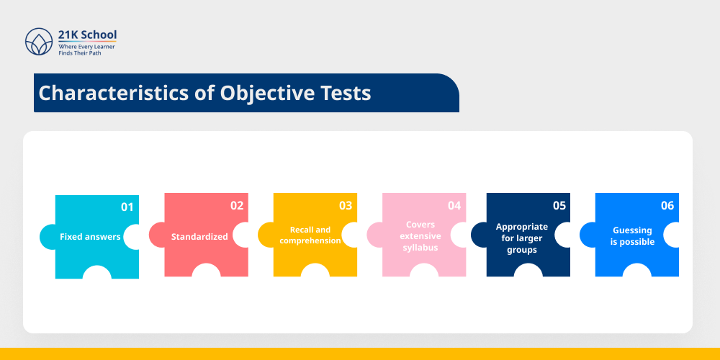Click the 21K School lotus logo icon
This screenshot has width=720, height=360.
coord(39,42)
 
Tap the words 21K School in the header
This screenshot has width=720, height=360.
coord(87,35)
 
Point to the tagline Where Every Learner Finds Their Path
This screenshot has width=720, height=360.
coord(86,49)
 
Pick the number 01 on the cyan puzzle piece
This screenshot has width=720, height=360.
coord(127,207)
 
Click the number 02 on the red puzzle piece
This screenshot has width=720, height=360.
coord(237,206)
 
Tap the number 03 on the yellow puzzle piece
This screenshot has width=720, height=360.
coord(346,206)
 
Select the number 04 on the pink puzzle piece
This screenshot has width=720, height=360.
coord(454,206)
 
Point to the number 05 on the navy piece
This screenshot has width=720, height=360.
coord(559,206)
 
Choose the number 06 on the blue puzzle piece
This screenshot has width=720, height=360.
coord(667,206)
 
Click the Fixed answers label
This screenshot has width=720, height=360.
coord(90,236)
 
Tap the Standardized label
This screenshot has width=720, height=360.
coord(199,236)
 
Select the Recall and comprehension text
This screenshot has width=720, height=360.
coord(310,235)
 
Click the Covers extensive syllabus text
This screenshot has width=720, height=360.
coord(420,236)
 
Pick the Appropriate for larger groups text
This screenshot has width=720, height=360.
coord(522,238)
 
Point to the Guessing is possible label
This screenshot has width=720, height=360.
coord(632,236)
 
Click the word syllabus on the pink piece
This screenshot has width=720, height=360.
coord(420,248)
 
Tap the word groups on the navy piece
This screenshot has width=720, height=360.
coord(522,249)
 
